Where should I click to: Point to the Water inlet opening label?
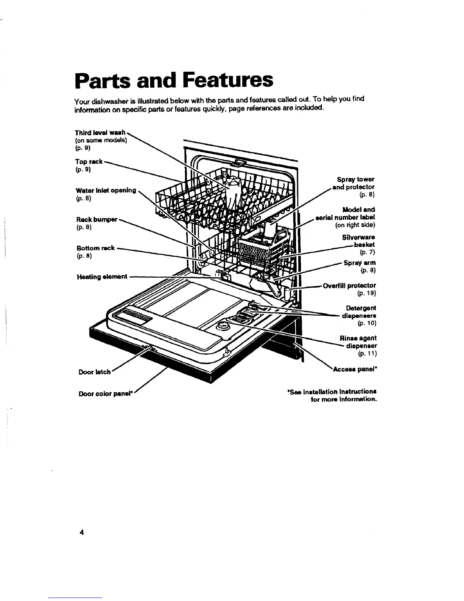[106, 190]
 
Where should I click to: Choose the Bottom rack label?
[96, 248]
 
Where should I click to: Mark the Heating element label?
[102, 277]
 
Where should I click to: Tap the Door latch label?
[94, 372]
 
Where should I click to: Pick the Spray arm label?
[359, 263]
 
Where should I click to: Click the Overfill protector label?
[349, 285]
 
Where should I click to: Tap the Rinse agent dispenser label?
[358, 342]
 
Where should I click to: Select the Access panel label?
[355, 369]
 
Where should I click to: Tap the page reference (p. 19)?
[366, 293]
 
